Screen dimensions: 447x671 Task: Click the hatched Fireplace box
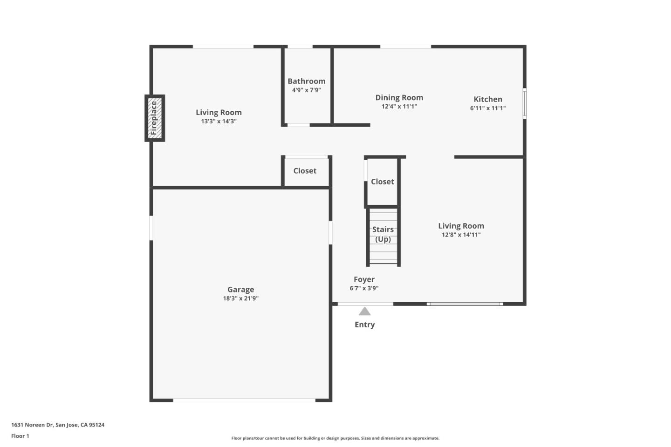(x=155, y=118)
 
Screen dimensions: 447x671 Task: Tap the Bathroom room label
(x=306, y=81)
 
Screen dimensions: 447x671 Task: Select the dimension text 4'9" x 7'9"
(x=306, y=90)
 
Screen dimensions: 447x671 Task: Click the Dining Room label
(x=399, y=97)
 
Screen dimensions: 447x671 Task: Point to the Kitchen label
(x=487, y=99)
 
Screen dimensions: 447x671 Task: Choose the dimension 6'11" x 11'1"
(x=487, y=108)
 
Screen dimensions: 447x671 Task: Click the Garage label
(x=240, y=290)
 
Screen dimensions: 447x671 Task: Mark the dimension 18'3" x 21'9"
(x=240, y=298)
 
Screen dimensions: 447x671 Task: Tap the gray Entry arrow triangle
(x=364, y=312)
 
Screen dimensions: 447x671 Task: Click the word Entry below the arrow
(x=364, y=325)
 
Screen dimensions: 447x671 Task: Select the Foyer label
(x=364, y=279)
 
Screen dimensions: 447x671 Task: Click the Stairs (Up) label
(x=383, y=234)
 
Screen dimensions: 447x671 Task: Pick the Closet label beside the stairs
(x=382, y=182)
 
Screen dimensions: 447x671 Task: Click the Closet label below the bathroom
(x=305, y=171)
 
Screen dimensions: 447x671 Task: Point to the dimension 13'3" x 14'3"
(x=219, y=122)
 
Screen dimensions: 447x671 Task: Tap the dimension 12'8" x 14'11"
(x=461, y=235)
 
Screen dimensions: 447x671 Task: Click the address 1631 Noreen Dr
(x=58, y=425)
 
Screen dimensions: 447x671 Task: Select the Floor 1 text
(x=20, y=436)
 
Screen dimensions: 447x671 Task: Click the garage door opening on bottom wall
(x=244, y=400)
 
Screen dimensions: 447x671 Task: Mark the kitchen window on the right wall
(x=524, y=104)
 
